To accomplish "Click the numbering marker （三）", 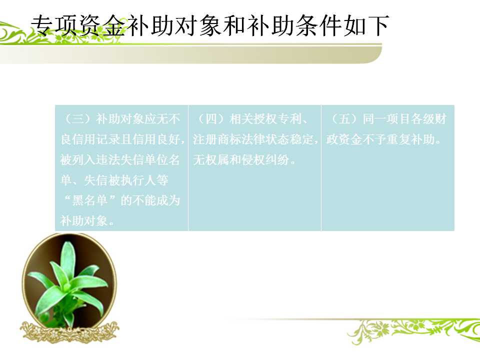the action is pyautogui.click(x=78, y=119).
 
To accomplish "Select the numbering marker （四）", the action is pyautogui.click(x=211, y=119).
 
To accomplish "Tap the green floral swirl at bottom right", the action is pyautogui.click(x=413, y=330).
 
